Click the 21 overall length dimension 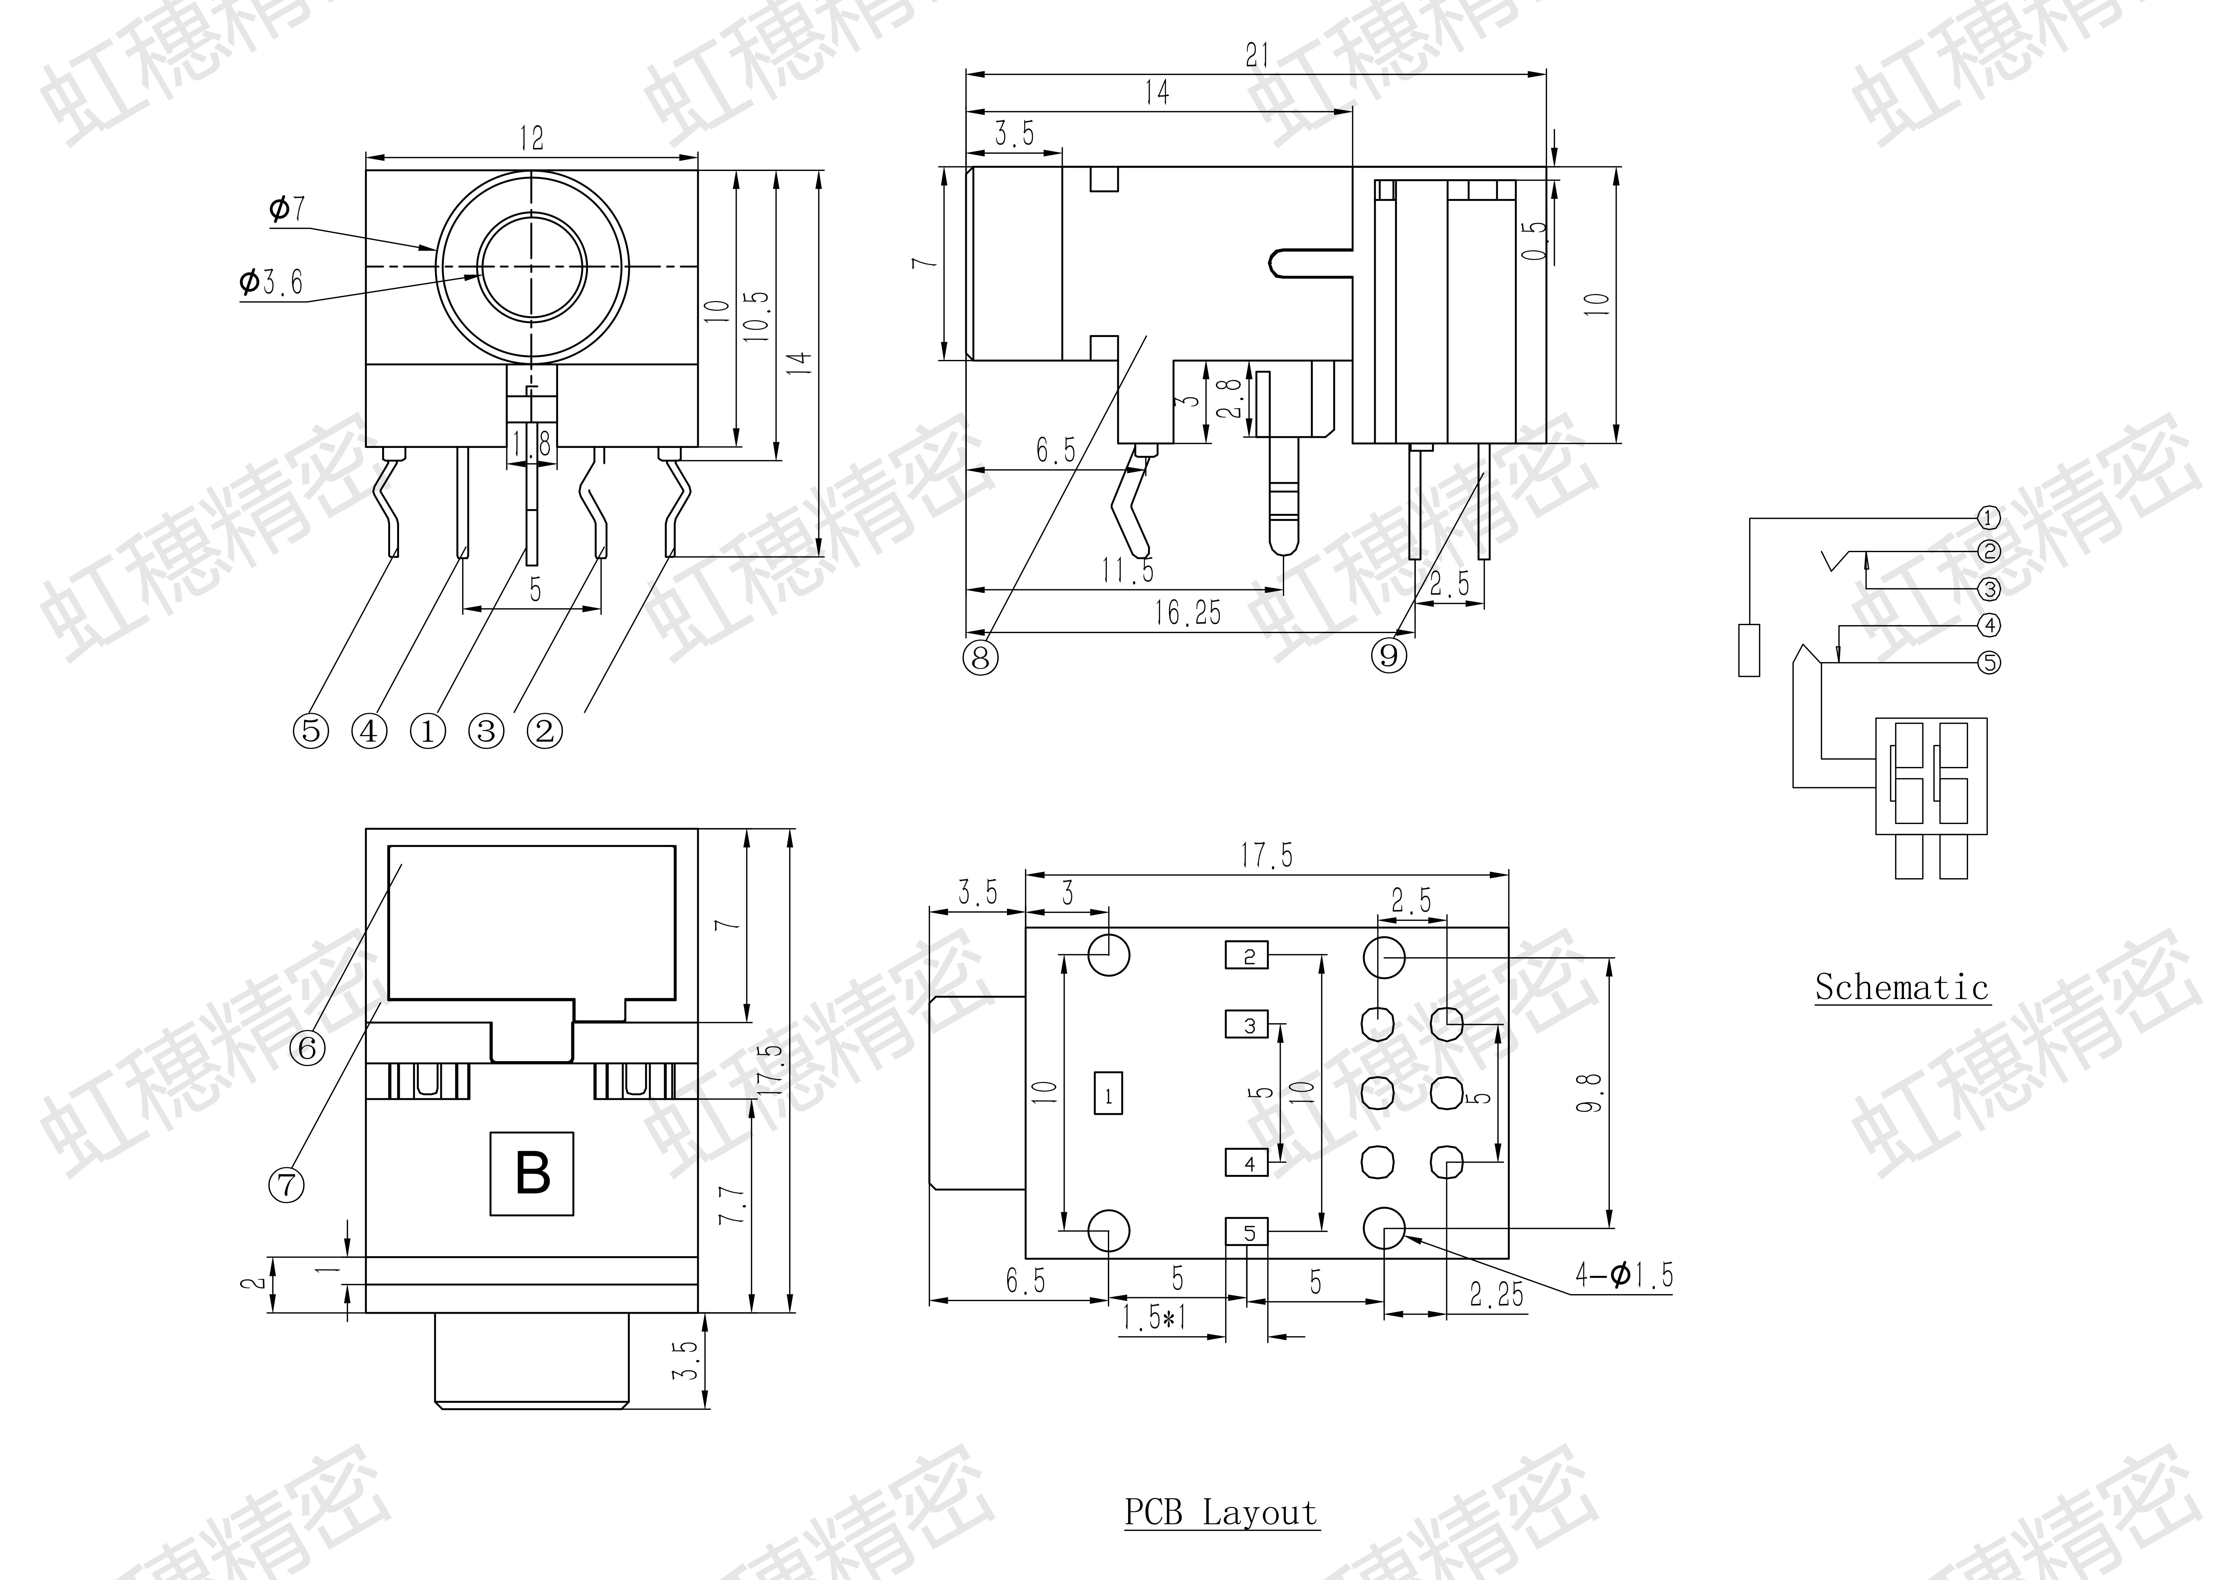click(x=1257, y=55)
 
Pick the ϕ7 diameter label click(x=287, y=208)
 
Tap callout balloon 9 click(x=1390, y=655)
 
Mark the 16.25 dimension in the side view click(x=1187, y=613)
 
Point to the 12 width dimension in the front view click(x=532, y=138)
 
